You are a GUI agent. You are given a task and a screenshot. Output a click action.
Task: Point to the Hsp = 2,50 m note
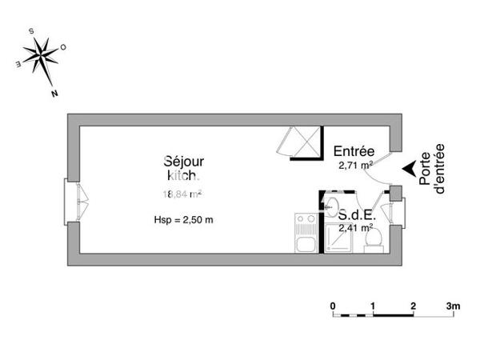tap(183, 219)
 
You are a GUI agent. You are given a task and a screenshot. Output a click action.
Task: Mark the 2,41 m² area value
tap(355, 228)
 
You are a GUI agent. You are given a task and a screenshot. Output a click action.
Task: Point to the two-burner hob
tap(305, 219)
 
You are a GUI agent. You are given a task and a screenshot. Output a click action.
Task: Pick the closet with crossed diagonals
tap(299, 142)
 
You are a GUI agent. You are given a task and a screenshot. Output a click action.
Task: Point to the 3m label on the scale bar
tap(454, 305)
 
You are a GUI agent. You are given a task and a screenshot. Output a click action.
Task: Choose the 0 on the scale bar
tap(333, 305)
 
